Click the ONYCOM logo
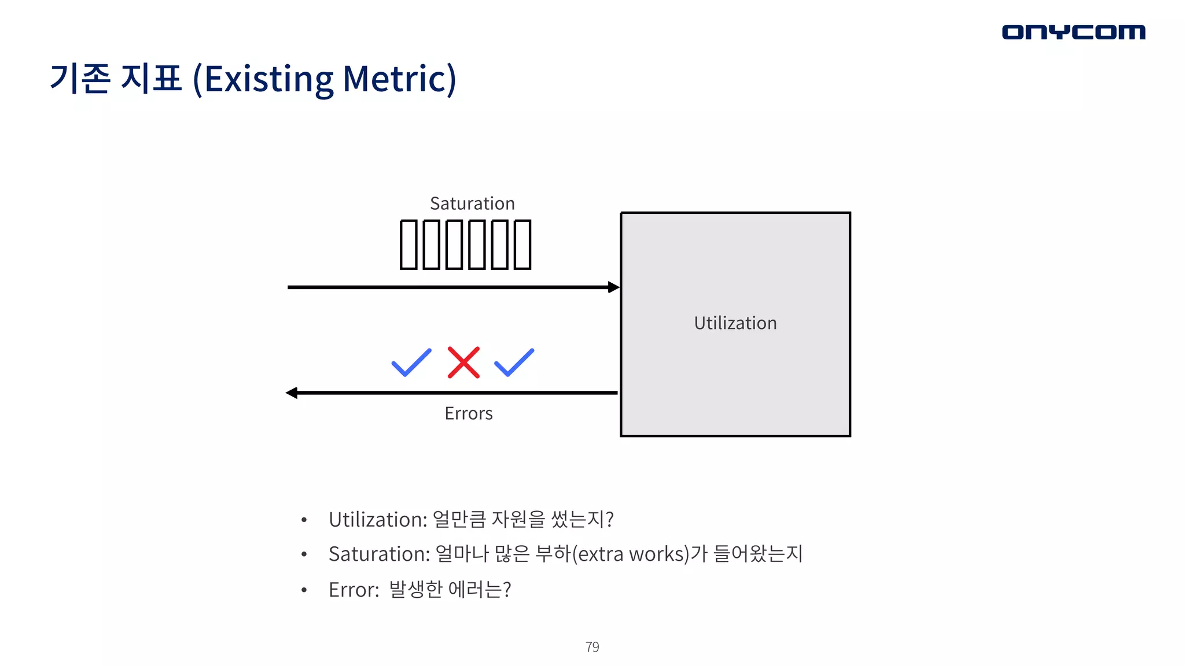click(1073, 32)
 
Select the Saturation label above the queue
click(472, 203)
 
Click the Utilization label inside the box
click(735, 323)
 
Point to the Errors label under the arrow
click(469, 413)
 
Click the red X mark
click(463, 362)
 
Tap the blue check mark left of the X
click(411, 363)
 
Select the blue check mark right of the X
click(514, 363)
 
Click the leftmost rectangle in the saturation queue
click(409, 245)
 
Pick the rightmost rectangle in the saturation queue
click(522, 245)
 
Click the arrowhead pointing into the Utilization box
click(614, 287)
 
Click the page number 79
click(592, 647)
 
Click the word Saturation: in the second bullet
click(379, 554)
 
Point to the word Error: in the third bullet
click(354, 590)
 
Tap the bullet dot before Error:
click(304, 590)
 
